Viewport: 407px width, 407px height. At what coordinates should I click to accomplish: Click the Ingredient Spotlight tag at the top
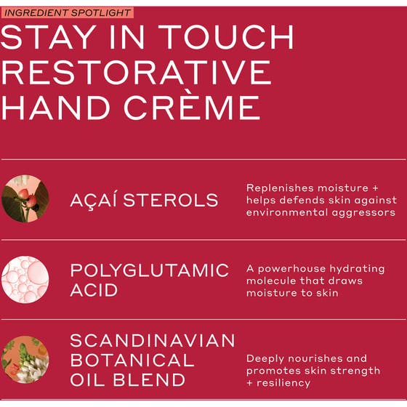click(x=68, y=12)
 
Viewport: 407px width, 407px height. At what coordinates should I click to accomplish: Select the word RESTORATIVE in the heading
click(x=136, y=73)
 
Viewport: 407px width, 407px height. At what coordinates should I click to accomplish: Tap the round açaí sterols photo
click(x=25, y=198)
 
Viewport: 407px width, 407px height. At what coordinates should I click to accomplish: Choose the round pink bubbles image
click(x=25, y=279)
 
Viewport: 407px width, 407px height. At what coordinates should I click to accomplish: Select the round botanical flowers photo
click(x=25, y=359)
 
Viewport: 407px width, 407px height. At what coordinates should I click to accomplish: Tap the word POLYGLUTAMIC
click(x=149, y=270)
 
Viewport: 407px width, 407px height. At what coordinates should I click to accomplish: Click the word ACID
click(x=94, y=290)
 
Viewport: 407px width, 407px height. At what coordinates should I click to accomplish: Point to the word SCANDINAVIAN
click(x=153, y=341)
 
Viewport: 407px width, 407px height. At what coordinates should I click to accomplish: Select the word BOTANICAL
click(x=132, y=360)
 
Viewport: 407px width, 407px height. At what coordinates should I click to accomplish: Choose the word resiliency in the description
click(x=284, y=383)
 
